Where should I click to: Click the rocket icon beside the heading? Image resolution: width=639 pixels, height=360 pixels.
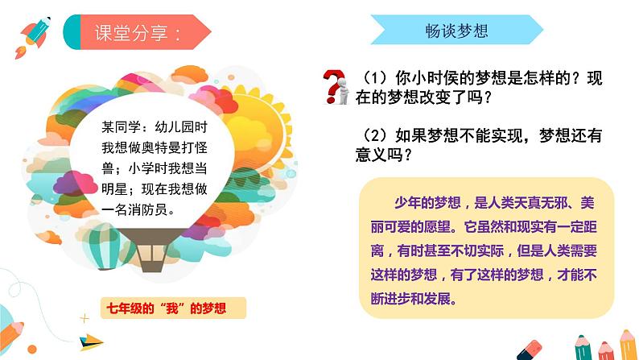(31, 36)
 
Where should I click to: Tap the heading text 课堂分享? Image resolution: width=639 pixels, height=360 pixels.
(137, 34)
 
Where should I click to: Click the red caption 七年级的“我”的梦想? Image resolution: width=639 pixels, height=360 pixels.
(168, 308)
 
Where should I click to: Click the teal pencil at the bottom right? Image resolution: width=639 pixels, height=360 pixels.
(582, 349)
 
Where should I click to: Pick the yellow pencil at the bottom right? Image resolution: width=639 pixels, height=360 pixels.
(625, 345)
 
